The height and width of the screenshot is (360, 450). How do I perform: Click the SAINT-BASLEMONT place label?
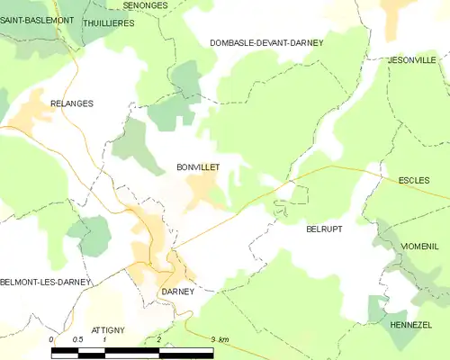point(37,20)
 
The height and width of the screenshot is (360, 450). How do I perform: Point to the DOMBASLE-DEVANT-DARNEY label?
point(265,42)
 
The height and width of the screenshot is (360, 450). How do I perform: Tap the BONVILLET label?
point(198,167)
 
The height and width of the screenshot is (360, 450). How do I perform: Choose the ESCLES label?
point(414,180)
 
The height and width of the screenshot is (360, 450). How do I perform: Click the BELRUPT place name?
point(324,229)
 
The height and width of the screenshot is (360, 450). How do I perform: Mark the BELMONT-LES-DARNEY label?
point(45,282)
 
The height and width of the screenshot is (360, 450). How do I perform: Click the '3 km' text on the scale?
point(220,339)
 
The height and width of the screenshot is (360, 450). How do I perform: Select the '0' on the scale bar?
point(51,339)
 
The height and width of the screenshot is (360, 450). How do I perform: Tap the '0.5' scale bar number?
point(78,339)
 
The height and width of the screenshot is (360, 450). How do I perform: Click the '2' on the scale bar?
point(158,339)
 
